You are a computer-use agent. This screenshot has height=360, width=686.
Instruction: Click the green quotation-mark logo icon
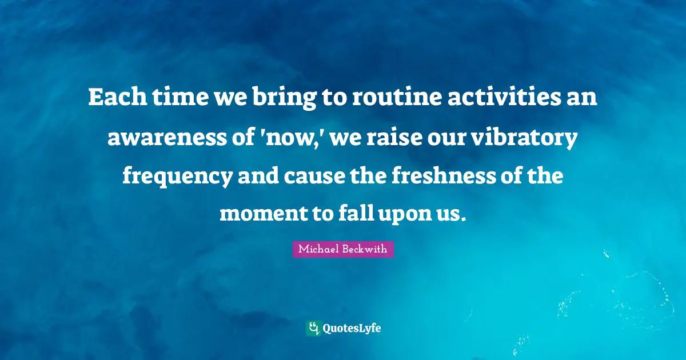313,328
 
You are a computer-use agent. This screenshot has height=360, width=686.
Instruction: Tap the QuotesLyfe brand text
352,329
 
